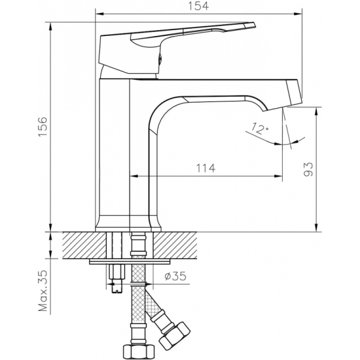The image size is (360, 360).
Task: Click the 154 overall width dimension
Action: [x=198, y=6]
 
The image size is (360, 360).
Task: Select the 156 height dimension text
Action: [x=43, y=127]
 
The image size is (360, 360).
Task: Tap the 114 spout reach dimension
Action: [x=206, y=168]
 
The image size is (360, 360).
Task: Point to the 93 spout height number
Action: [x=308, y=170]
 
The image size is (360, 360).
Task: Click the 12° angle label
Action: [x=259, y=128]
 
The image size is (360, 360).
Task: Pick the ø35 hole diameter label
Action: [x=175, y=276]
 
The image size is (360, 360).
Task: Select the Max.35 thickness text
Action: [x=43, y=291]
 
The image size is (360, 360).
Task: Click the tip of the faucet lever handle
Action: [x=254, y=24]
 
